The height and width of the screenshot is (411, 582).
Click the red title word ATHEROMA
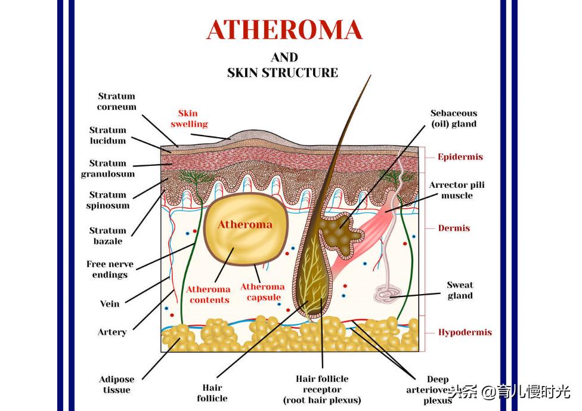click(284, 30)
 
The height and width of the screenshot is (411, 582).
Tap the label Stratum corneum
click(117, 101)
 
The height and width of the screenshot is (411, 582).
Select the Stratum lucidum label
click(108, 135)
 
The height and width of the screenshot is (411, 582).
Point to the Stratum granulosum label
click(108, 169)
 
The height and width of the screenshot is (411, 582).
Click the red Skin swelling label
click(189, 119)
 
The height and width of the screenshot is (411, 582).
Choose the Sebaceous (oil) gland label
click(454, 119)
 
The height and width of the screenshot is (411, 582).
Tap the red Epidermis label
click(460, 157)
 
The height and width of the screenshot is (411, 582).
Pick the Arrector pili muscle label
click(456, 190)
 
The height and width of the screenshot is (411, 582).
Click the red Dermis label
click(454, 228)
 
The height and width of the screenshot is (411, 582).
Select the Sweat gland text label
click(460, 291)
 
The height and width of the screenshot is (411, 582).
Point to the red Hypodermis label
click(465, 332)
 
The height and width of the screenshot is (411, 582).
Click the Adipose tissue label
click(116, 385)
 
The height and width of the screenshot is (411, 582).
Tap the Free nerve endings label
click(110, 270)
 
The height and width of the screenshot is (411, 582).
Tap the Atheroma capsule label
click(262, 292)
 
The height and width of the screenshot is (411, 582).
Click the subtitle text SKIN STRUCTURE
click(282, 73)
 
